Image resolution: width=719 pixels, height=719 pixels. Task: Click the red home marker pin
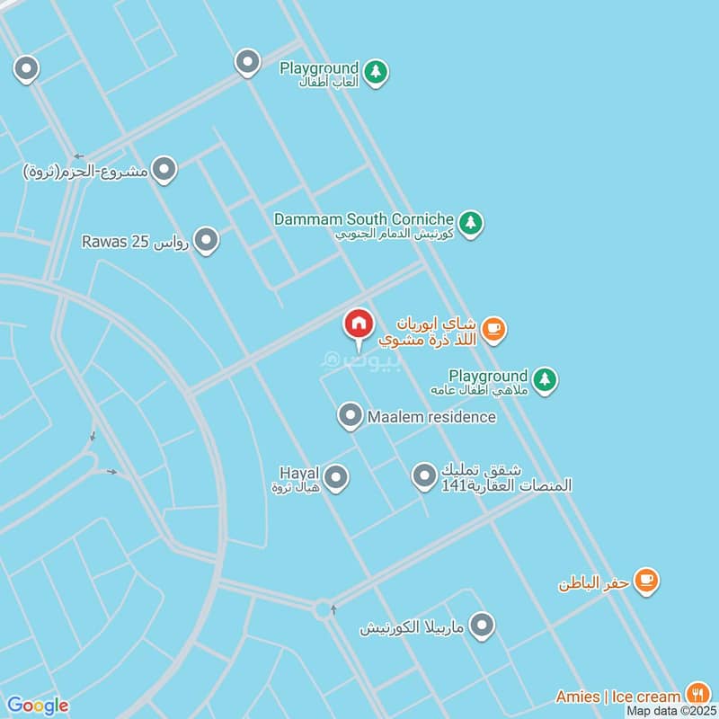[x=358, y=324]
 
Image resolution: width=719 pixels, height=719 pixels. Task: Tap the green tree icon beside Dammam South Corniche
[x=470, y=221]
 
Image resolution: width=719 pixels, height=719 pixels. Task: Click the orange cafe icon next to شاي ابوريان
[x=493, y=329]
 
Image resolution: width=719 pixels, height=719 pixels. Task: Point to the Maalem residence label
[x=431, y=417]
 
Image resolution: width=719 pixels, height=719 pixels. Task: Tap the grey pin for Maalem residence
[x=350, y=416]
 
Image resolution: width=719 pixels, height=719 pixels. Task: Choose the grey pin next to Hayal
[x=336, y=477]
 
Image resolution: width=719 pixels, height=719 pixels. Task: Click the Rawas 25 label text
[x=135, y=243]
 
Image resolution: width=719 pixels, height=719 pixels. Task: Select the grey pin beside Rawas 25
[x=207, y=240]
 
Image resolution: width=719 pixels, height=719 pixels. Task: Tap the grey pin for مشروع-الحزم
[x=164, y=168]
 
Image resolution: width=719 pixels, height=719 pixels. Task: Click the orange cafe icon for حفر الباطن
[x=645, y=581]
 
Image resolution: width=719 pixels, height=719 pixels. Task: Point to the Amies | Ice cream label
[x=617, y=697]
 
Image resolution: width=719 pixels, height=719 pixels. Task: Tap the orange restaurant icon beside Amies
[x=697, y=693]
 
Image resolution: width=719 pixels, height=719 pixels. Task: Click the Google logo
[x=38, y=706]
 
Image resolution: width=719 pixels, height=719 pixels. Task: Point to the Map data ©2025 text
[x=670, y=710]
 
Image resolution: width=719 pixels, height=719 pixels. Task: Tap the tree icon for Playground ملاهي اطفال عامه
[x=545, y=380]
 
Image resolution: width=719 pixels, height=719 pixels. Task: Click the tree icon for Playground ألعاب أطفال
[x=377, y=71]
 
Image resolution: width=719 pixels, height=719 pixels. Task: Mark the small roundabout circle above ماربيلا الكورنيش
[x=323, y=609]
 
